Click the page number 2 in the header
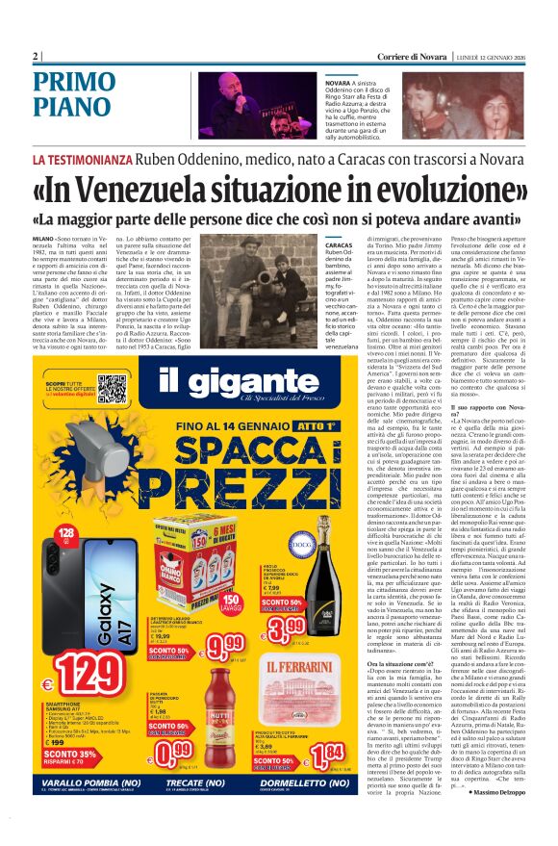tap(35, 56)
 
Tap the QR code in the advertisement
tap(113, 389)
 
